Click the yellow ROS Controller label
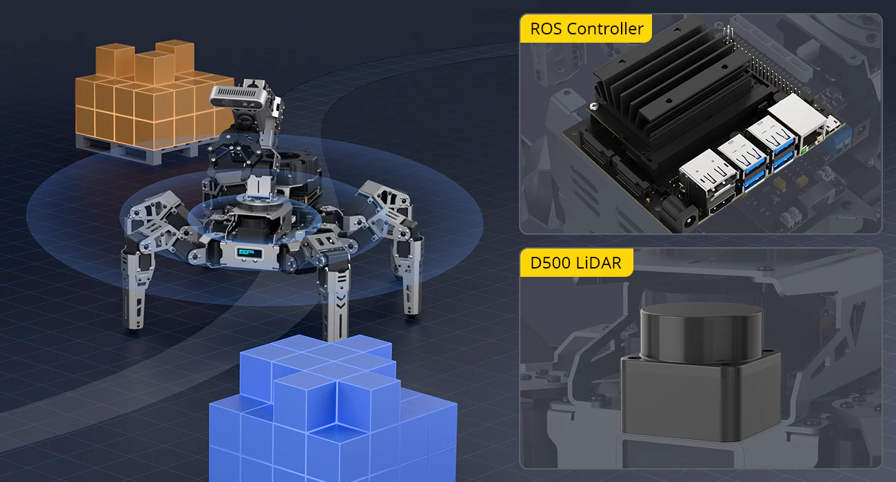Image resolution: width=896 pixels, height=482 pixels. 586,28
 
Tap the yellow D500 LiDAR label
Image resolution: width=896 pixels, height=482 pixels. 576,262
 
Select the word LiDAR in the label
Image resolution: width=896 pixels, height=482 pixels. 599,263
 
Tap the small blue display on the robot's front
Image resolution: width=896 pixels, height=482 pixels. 250,252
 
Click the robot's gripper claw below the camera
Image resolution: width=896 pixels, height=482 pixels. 234,152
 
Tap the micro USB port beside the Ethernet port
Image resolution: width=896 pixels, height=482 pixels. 833,123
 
